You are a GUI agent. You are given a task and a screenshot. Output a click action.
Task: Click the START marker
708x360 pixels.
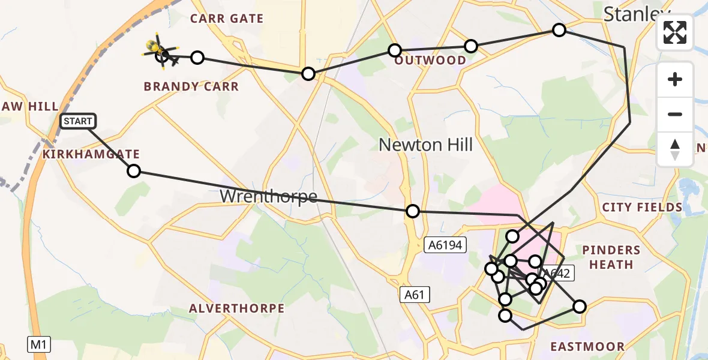78,121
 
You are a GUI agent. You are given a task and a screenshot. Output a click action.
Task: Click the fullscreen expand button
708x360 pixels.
675,32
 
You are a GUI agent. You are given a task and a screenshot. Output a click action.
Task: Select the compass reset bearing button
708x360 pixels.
675,149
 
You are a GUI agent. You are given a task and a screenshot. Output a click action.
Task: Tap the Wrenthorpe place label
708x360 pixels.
268,196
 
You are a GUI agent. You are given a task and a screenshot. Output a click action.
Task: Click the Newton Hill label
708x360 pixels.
425,145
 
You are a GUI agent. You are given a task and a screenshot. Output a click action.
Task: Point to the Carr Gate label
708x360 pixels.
227,19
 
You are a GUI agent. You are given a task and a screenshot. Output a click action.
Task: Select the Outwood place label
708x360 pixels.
430,61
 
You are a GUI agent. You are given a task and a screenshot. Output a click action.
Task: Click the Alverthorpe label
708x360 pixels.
236,308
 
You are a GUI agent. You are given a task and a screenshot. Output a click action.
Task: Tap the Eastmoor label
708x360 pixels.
587,346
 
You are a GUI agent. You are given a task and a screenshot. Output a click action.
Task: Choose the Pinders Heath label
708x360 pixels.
611,257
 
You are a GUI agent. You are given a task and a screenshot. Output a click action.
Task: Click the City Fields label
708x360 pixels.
642,208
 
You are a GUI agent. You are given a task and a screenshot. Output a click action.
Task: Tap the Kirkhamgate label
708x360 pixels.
91,154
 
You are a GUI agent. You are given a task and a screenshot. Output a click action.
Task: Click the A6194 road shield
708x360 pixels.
445,244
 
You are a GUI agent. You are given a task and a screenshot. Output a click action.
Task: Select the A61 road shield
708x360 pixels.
415,294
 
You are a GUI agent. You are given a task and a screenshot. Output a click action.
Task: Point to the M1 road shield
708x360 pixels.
39,344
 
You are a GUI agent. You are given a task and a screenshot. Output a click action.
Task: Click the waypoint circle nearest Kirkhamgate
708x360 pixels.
134,171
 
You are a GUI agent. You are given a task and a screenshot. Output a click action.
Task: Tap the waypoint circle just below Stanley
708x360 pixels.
559,30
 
